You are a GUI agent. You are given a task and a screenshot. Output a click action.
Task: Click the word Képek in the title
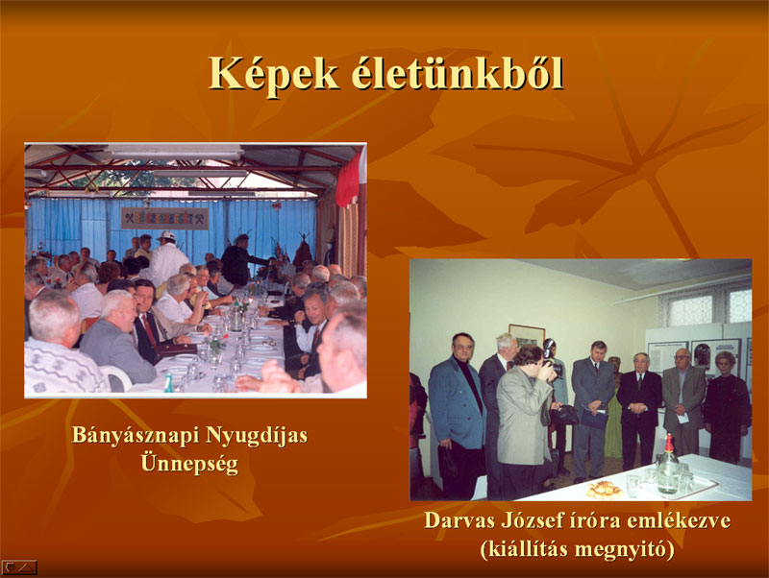click(274, 74)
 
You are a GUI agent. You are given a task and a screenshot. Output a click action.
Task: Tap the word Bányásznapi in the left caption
click(135, 436)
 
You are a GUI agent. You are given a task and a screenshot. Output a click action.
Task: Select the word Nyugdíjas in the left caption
click(256, 436)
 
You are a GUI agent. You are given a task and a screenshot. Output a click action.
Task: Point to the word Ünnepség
click(189, 463)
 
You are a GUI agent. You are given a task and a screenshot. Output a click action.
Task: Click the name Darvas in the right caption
click(459, 520)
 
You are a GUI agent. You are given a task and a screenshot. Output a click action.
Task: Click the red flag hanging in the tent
click(348, 181)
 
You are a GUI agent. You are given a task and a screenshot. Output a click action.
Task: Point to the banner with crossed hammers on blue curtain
click(164, 219)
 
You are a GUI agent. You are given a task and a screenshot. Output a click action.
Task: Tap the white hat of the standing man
click(166, 236)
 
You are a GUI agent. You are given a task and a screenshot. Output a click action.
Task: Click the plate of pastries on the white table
click(605, 490)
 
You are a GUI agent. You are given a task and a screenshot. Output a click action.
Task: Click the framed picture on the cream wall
click(526, 335)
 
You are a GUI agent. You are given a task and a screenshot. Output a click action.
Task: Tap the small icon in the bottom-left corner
click(19, 567)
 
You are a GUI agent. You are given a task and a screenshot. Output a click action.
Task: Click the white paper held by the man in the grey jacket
click(682, 418)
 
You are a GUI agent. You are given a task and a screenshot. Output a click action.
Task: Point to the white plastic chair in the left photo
click(116, 377)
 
